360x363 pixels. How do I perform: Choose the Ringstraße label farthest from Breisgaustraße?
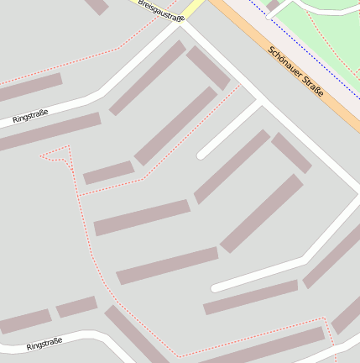coord(45,344)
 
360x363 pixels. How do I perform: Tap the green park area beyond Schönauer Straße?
coord(327,34)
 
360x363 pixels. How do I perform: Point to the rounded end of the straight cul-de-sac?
coord(201,155)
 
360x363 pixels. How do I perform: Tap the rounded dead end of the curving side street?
coord(216,287)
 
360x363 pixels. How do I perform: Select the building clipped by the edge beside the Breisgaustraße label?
coord(97,6)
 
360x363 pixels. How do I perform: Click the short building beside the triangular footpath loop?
coord(108,172)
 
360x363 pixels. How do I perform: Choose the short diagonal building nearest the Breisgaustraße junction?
coord(207,67)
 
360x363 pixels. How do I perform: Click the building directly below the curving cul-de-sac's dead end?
coord(250,297)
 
